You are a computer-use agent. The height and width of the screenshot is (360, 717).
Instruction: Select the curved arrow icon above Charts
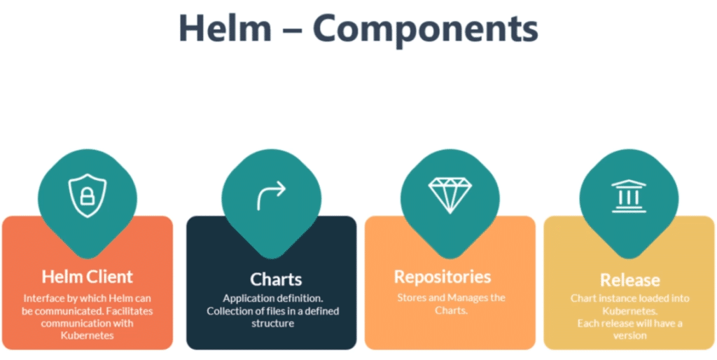271,195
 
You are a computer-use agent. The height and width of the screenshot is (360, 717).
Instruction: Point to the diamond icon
448,194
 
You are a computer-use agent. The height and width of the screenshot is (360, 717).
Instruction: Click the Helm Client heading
87,276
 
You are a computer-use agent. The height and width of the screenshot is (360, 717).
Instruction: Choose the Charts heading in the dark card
271,279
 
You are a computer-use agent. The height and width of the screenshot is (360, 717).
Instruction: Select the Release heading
629,280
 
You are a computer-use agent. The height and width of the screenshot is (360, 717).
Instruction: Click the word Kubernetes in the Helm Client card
87,335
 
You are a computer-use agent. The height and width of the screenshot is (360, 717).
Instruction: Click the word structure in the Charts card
271,324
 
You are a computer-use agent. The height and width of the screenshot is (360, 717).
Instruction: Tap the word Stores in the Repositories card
412,298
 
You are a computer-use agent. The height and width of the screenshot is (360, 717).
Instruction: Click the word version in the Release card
629,335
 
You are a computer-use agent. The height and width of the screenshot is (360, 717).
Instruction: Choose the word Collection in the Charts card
230,311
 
